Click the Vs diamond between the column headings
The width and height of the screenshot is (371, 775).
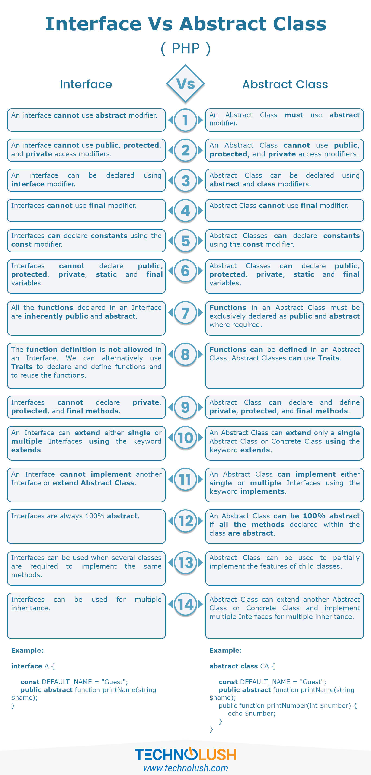tap(185, 84)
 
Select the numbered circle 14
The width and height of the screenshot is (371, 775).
tap(185, 604)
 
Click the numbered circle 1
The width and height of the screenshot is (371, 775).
tap(185, 120)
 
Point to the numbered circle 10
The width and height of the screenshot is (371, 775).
tap(185, 438)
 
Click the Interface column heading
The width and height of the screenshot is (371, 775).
tap(86, 84)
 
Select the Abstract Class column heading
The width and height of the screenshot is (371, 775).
tap(285, 84)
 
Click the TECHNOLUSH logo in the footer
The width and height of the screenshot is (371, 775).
tap(185, 755)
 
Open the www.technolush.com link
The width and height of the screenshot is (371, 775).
tap(185, 768)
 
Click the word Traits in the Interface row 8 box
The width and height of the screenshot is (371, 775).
tap(22, 367)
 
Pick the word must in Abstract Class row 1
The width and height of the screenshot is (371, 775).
tap(294, 115)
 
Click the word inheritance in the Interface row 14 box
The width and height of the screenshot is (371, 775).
tap(30, 608)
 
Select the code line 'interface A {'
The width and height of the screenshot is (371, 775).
tap(33, 666)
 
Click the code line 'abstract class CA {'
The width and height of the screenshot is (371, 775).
tap(242, 666)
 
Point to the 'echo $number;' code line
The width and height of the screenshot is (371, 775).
tap(252, 713)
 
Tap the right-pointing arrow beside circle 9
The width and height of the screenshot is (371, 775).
tap(200, 407)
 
